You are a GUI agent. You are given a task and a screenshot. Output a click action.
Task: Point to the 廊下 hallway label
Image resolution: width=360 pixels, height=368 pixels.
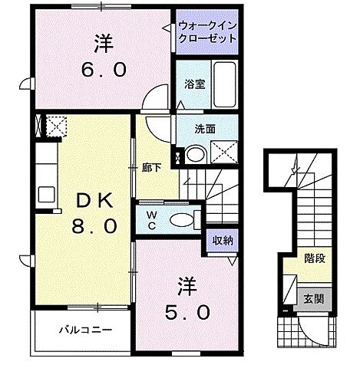[149, 167]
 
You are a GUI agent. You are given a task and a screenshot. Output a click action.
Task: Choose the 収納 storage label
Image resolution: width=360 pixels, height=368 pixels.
[223, 241]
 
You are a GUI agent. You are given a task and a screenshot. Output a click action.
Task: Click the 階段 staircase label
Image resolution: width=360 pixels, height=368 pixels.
[313, 258]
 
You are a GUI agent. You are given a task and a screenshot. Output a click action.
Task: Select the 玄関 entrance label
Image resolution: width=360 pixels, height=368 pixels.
[313, 298]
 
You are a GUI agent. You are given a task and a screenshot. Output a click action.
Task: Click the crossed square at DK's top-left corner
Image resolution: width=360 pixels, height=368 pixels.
[55, 126]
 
